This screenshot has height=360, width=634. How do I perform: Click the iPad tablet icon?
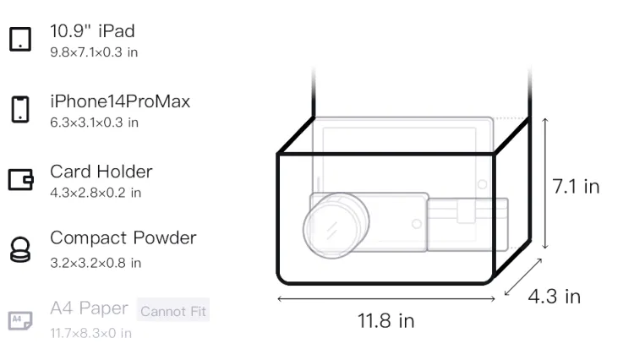[20, 39]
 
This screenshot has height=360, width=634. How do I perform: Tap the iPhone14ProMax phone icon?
[20, 109]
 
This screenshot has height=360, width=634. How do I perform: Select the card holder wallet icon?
[20, 179]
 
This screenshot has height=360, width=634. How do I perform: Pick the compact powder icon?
[19, 249]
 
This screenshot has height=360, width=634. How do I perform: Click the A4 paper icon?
[20, 320]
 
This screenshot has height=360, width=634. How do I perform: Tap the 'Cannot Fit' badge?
[173, 311]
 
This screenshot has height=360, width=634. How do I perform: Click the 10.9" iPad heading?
[92, 31]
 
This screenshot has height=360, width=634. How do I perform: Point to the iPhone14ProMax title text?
[120, 101]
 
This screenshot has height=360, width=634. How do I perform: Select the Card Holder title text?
[101, 172]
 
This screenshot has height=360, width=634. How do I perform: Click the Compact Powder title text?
[123, 238]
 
